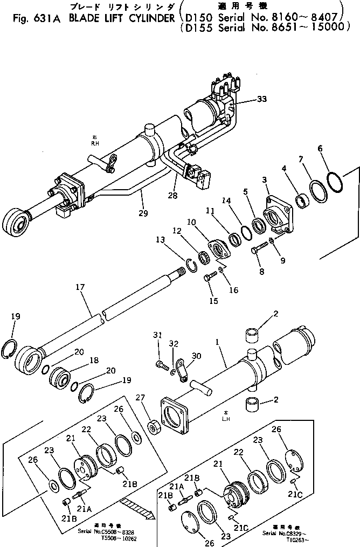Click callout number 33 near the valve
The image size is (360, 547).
click(261, 99)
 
